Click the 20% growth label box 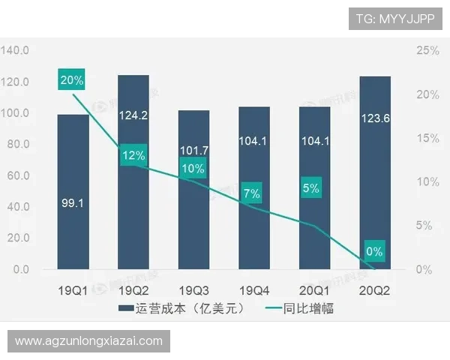(x=73, y=79)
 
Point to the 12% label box (x=133, y=155)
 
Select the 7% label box (x=252, y=194)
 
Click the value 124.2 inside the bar (x=133, y=116)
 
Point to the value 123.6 (x=374, y=116)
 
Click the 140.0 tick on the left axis (x=15, y=50)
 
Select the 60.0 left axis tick (x=16, y=175)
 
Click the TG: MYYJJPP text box (x=395, y=18)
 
